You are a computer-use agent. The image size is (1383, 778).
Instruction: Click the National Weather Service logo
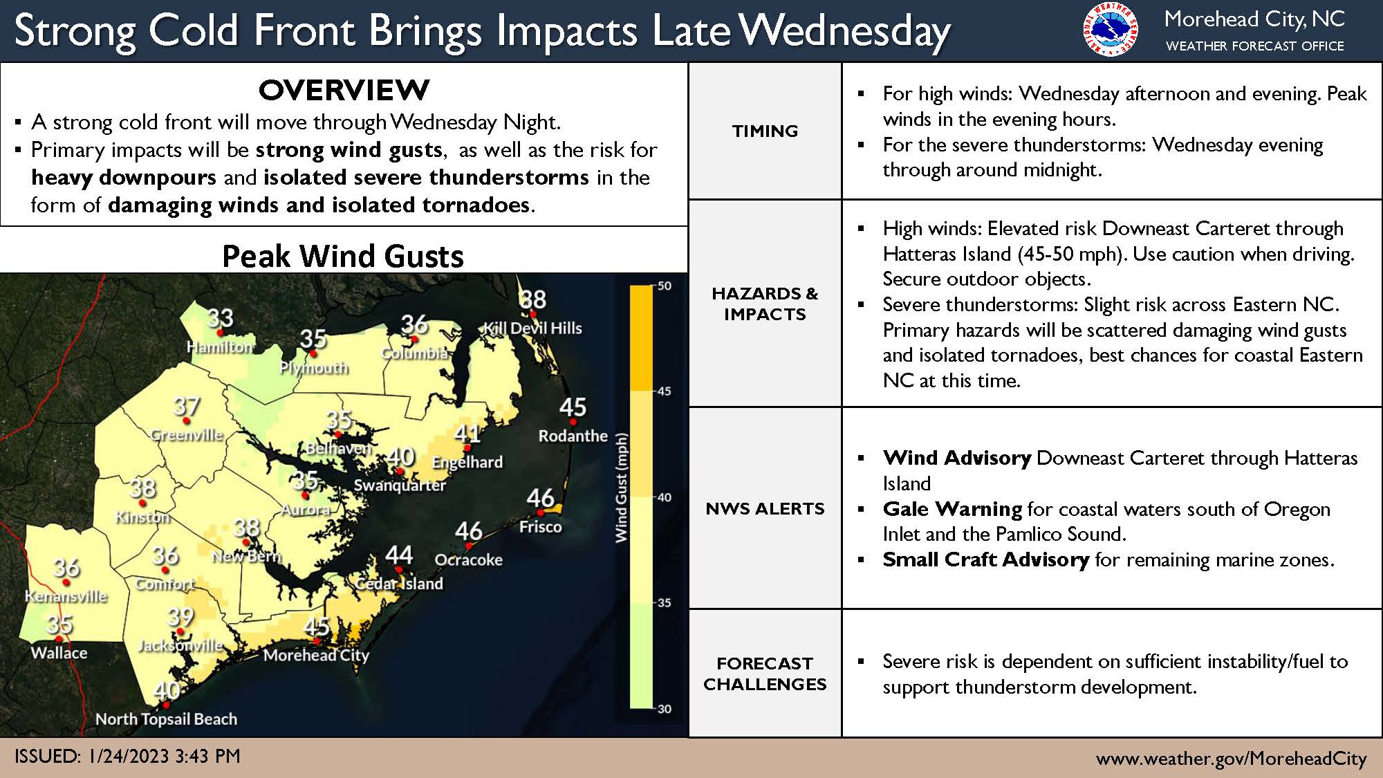click(1110, 30)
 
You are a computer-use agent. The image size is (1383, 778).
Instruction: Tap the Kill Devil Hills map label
click(532, 328)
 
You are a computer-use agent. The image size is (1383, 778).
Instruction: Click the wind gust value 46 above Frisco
click(540, 498)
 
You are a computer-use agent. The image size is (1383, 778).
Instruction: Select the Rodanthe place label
click(573, 436)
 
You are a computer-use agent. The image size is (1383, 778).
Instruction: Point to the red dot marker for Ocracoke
click(468, 546)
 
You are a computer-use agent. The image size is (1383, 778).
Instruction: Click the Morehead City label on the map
click(316, 655)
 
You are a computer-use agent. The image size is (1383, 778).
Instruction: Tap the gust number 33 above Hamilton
click(220, 318)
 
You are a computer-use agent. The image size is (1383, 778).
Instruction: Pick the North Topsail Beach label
click(166, 719)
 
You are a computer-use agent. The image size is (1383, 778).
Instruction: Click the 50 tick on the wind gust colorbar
click(664, 286)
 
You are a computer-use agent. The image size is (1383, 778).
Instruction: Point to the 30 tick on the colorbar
click(664, 709)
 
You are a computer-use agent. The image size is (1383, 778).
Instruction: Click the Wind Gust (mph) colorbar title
click(621, 488)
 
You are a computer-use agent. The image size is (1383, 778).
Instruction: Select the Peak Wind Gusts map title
click(343, 257)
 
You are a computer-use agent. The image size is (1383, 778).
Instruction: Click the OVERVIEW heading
click(344, 90)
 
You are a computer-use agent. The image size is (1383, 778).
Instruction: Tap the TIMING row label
click(765, 131)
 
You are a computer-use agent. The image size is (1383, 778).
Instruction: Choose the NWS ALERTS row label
click(765, 509)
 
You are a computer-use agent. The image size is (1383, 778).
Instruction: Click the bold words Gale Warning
click(952, 510)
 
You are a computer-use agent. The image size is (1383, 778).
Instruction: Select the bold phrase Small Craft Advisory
click(985, 559)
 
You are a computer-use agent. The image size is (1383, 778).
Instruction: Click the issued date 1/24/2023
click(129, 757)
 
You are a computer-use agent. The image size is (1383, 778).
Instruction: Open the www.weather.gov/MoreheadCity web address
click(1231, 759)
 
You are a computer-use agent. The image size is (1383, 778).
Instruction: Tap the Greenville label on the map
click(187, 435)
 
